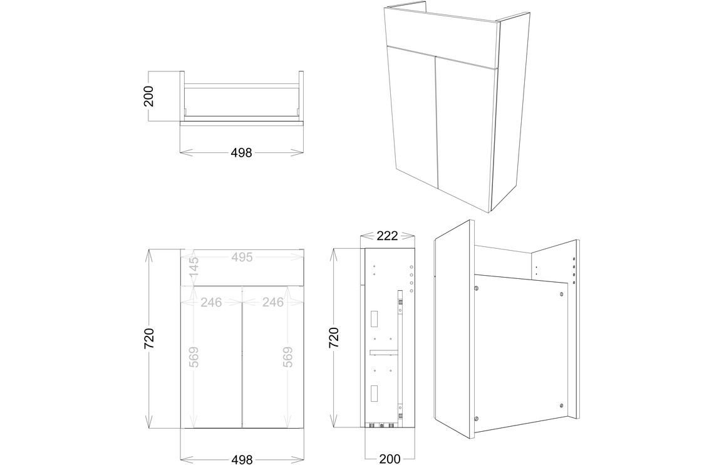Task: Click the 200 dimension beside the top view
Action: [148, 96]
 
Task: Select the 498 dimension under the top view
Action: [241, 152]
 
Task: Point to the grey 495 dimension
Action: [242, 257]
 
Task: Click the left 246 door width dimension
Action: [211, 302]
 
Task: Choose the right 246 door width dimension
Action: [273, 302]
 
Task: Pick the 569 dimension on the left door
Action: [194, 357]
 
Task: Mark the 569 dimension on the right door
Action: [287, 357]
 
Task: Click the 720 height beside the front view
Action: [148, 338]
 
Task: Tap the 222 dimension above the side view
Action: [387, 236]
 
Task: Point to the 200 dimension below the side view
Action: [390, 459]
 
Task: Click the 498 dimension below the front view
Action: [241, 459]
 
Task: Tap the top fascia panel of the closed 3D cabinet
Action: [442, 34]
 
